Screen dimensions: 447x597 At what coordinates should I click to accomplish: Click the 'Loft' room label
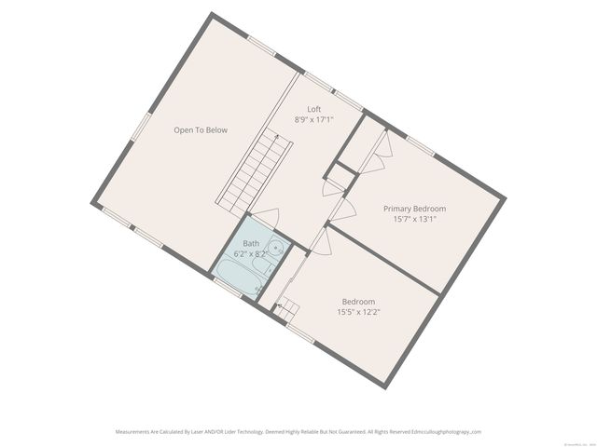pos(314,109)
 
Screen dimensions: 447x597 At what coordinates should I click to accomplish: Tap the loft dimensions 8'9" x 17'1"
pos(314,119)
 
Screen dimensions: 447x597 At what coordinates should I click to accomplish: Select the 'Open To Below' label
pos(200,130)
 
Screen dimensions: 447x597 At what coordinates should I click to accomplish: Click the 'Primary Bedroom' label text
pos(414,209)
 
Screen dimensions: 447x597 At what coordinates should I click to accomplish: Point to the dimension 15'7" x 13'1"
pos(414,220)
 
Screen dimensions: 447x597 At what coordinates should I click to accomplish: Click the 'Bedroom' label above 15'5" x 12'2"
pos(358,301)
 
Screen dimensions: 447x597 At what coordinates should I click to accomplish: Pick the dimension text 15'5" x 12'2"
pos(358,312)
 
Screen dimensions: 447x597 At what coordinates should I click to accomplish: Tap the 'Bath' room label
pos(251,243)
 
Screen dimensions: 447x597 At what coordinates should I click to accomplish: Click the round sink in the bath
pos(276,246)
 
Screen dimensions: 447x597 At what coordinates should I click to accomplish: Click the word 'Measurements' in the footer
pos(133,432)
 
